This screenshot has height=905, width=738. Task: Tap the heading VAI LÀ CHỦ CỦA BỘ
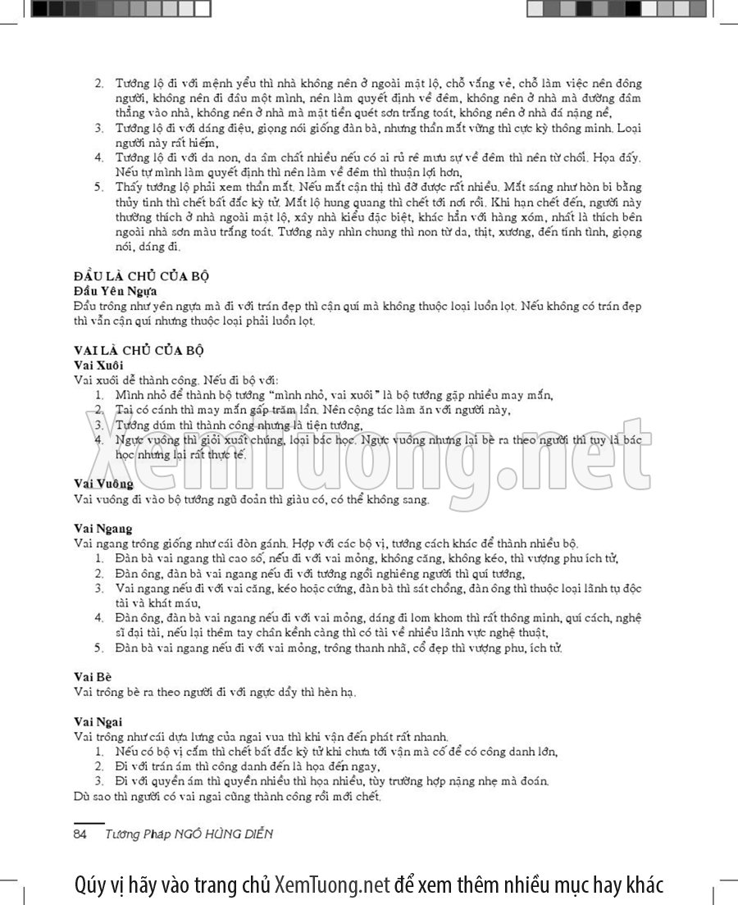(138, 348)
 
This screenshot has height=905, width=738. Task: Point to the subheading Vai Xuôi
(98, 363)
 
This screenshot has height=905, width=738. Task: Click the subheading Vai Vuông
(103, 484)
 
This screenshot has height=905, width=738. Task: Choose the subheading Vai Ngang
(102, 528)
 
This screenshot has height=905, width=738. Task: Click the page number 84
(80, 834)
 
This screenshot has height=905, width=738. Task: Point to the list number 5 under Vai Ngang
(98, 648)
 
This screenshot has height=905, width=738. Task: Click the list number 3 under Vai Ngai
(98, 780)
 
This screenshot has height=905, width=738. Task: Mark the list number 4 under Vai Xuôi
(98, 439)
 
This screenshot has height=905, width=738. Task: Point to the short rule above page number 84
(89, 822)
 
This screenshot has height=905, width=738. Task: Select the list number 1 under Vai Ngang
(98, 558)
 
